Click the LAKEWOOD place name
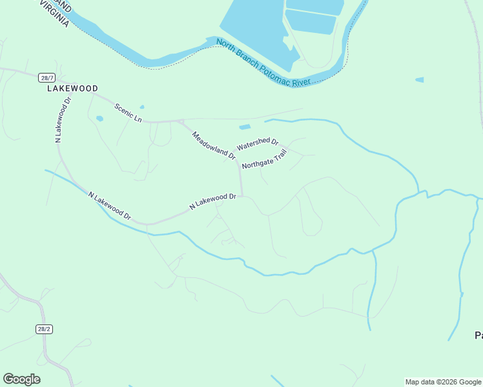[72, 88]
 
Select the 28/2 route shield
[43, 329]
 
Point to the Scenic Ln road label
[128, 112]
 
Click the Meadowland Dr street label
[214, 144]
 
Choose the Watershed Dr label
[257, 144]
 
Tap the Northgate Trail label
[263, 159]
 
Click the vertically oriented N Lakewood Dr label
[63, 119]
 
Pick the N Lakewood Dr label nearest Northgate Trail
[212, 201]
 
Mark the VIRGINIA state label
[56, 15]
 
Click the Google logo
[21, 379]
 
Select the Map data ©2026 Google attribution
[443, 382]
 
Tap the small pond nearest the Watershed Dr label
[245, 127]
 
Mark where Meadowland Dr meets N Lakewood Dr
[242, 194]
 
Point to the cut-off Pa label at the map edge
[478, 335]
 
